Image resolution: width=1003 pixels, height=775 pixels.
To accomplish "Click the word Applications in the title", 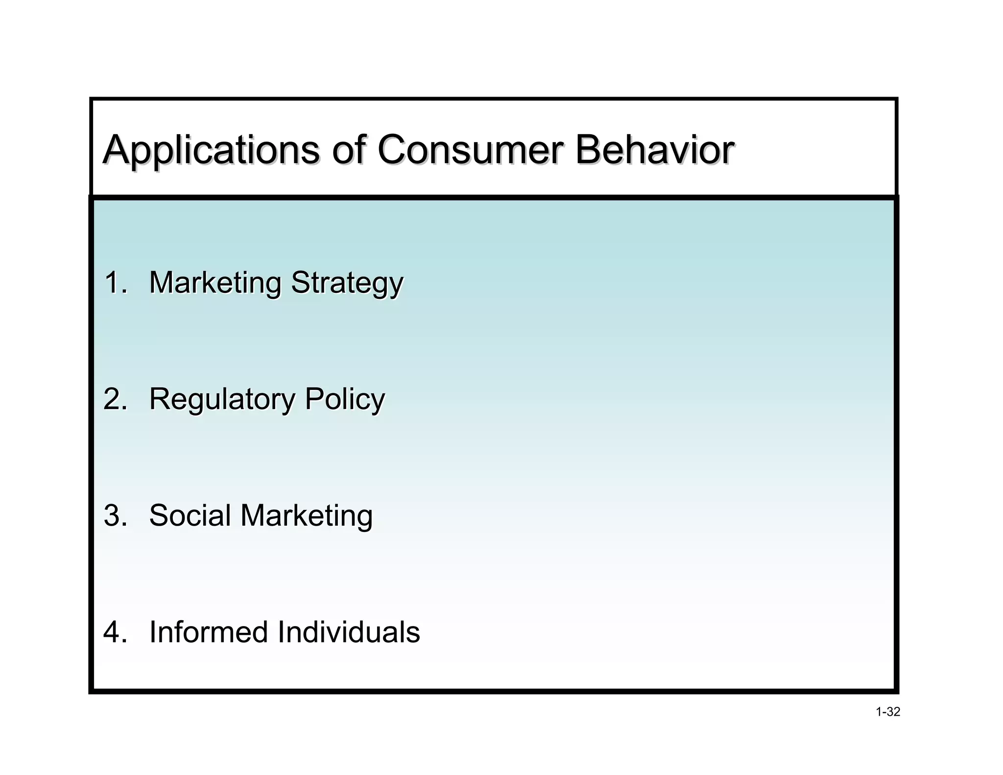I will (211, 150).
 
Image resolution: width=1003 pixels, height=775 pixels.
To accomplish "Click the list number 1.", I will (115, 283).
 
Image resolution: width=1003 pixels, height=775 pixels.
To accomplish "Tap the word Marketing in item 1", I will (215, 284).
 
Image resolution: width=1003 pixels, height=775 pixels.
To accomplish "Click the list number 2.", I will (115, 399).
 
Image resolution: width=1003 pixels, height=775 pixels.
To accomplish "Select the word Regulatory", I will (222, 400).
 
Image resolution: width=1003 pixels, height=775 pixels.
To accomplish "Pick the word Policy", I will (345, 400).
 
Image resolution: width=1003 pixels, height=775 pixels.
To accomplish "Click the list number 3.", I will (115, 515).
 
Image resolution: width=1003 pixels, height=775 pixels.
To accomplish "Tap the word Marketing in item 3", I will (307, 516).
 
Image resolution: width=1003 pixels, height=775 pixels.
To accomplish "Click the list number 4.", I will (115, 632).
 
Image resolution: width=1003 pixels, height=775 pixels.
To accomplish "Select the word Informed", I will (208, 632).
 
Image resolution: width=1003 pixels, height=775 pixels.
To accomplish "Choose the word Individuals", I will (348, 632).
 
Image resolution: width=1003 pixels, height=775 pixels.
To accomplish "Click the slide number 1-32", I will (887, 712).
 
